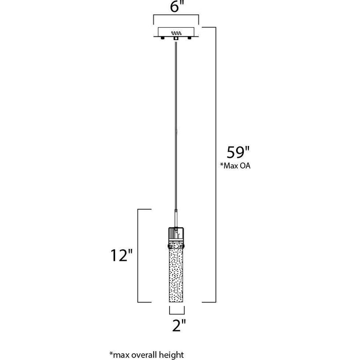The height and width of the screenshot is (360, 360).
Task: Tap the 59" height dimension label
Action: click(238, 152)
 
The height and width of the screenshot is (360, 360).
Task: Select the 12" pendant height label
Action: click(122, 255)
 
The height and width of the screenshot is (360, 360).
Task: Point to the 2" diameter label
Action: click(179, 326)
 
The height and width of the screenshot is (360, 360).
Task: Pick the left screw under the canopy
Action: click(163, 38)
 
